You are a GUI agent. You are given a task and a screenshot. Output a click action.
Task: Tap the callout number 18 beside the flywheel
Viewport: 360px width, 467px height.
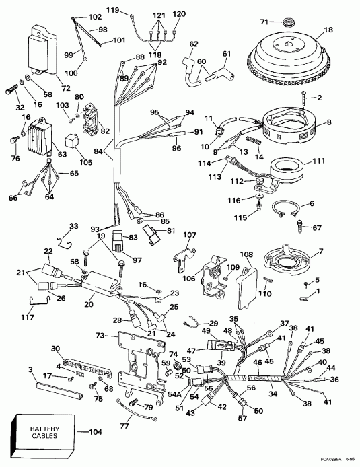point(329,30)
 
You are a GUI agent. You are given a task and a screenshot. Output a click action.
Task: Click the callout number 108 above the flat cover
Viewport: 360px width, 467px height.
point(247,256)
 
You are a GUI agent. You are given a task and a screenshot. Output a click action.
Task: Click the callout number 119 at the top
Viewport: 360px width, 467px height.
point(113,9)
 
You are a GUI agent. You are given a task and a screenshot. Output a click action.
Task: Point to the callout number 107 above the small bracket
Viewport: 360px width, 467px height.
point(190,235)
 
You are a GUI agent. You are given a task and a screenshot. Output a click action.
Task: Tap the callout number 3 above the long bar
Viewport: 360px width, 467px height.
point(31,369)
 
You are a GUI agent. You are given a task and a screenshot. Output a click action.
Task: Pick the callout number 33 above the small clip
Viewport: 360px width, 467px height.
point(74,226)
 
